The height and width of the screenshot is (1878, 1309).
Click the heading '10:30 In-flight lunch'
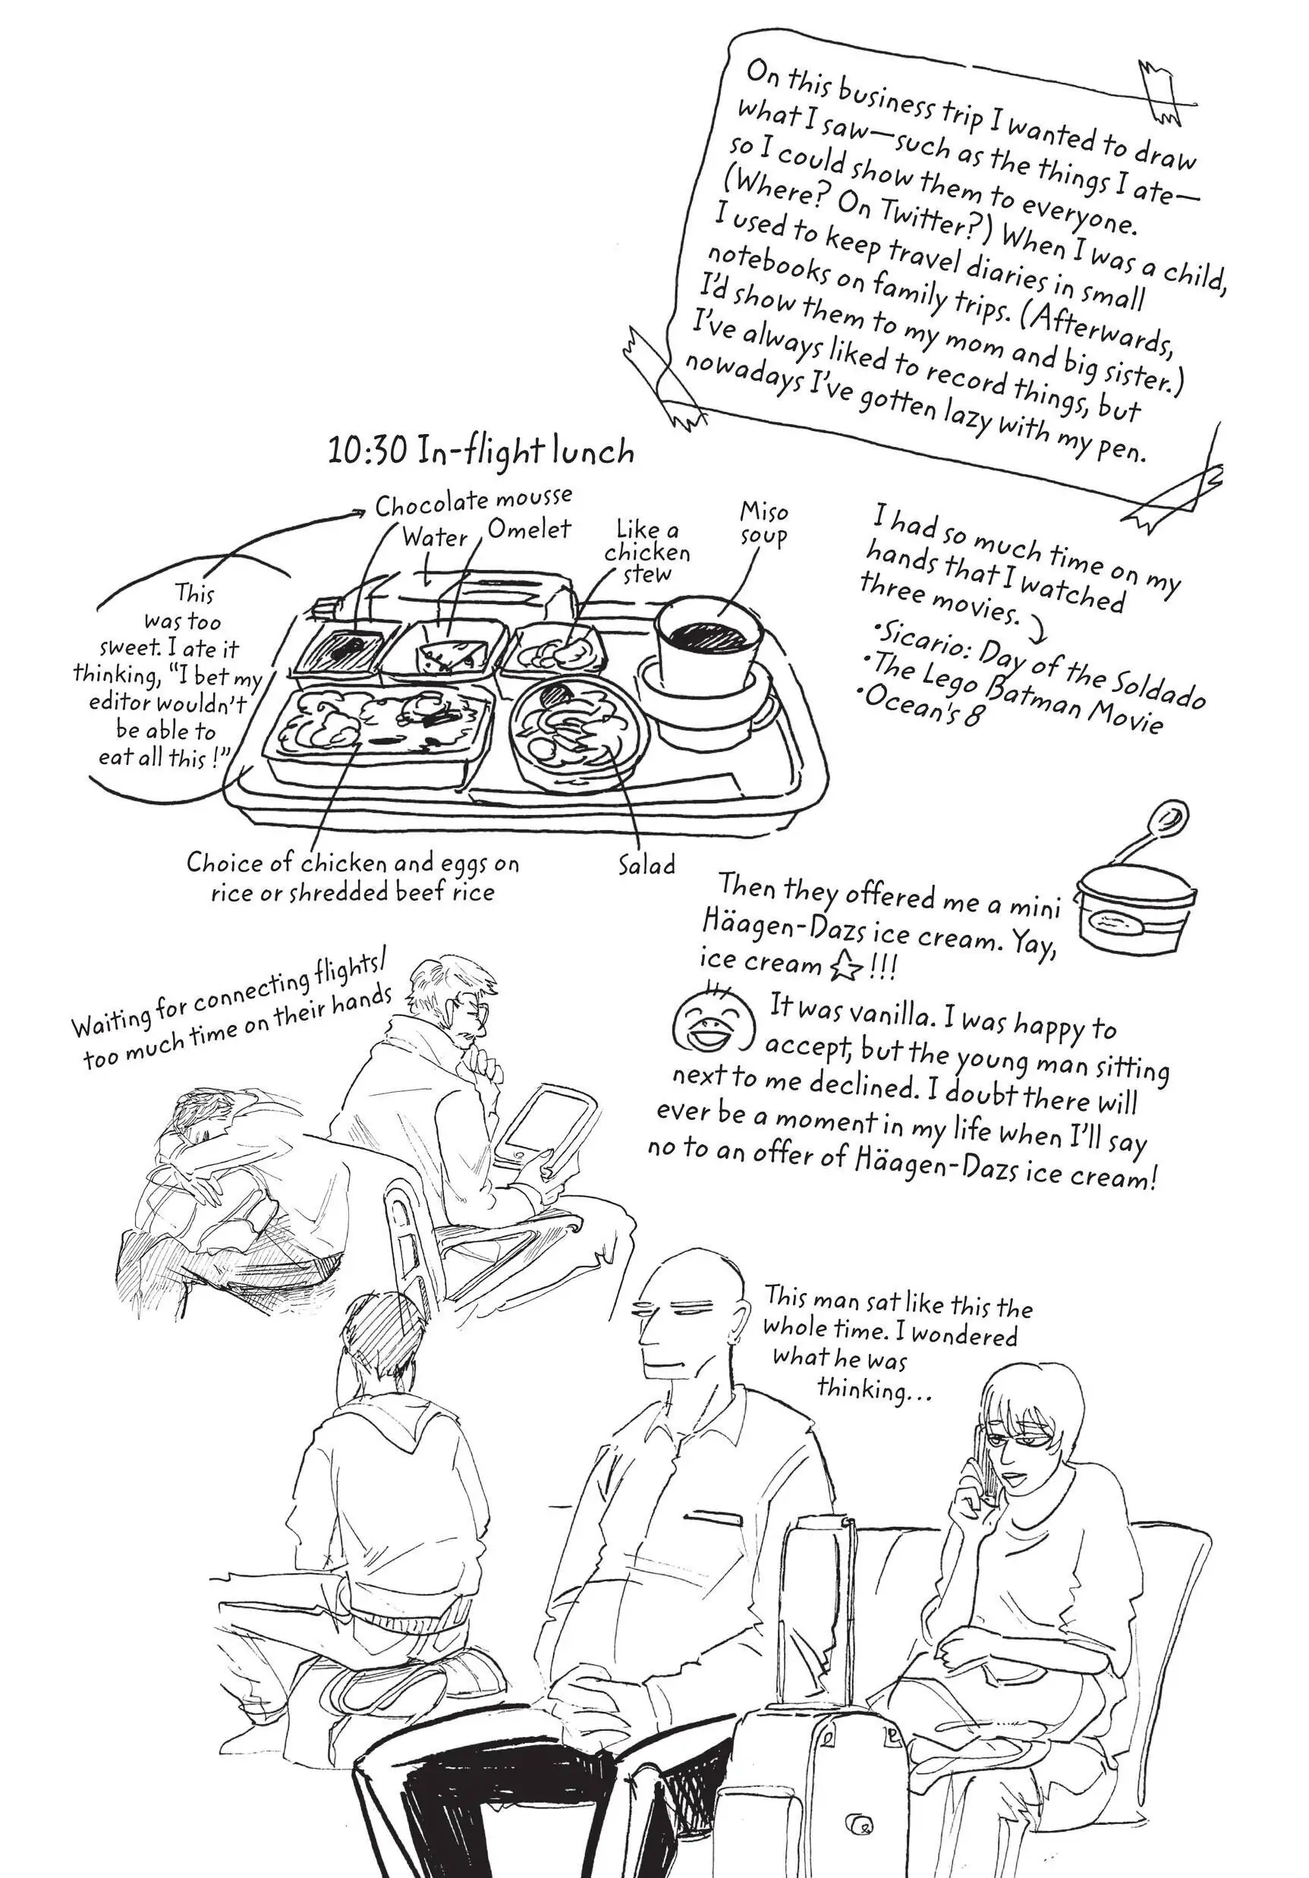[x=481, y=451]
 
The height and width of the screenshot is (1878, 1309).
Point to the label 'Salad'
[x=647, y=864]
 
